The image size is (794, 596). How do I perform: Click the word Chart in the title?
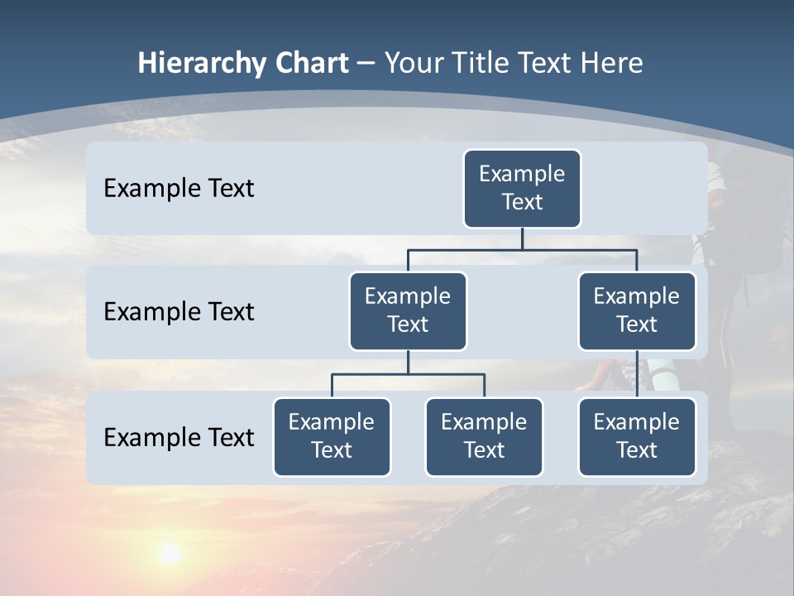pyautogui.click(x=311, y=63)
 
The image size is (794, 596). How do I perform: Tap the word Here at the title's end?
pyautogui.click(x=612, y=63)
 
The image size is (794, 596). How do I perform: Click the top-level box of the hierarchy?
pyautogui.click(x=522, y=189)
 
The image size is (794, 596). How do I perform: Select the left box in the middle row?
pyautogui.click(x=408, y=311)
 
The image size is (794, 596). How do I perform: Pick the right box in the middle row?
pyautogui.click(x=637, y=311)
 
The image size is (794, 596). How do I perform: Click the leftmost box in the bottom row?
pyautogui.click(x=332, y=437)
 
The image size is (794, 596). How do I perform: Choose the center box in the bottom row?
pyautogui.click(x=484, y=437)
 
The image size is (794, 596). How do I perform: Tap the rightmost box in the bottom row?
pyautogui.click(x=637, y=437)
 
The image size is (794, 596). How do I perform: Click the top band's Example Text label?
pyautogui.click(x=179, y=189)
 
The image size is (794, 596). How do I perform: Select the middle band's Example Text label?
pyautogui.click(x=179, y=312)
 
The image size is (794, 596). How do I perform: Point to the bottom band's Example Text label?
pyautogui.click(x=179, y=437)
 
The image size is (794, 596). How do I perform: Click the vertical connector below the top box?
pyautogui.click(x=522, y=238)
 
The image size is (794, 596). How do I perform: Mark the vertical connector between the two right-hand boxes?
pyautogui.click(x=637, y=374)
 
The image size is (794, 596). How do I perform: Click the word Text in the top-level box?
pyautogui.click(x=522, y=202)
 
